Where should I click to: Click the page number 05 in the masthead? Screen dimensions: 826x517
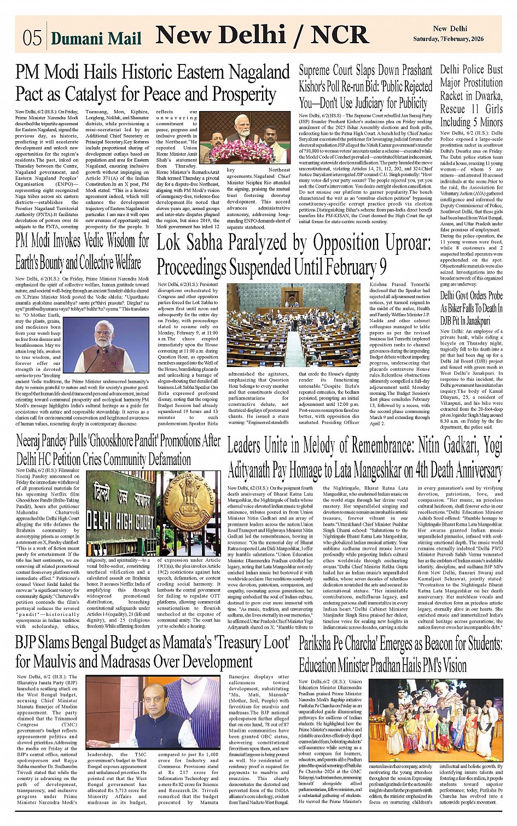[x=32, y=37]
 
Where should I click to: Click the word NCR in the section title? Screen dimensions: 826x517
[x=341, y=35]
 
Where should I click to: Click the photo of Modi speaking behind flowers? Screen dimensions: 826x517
[x=242, y=137]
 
